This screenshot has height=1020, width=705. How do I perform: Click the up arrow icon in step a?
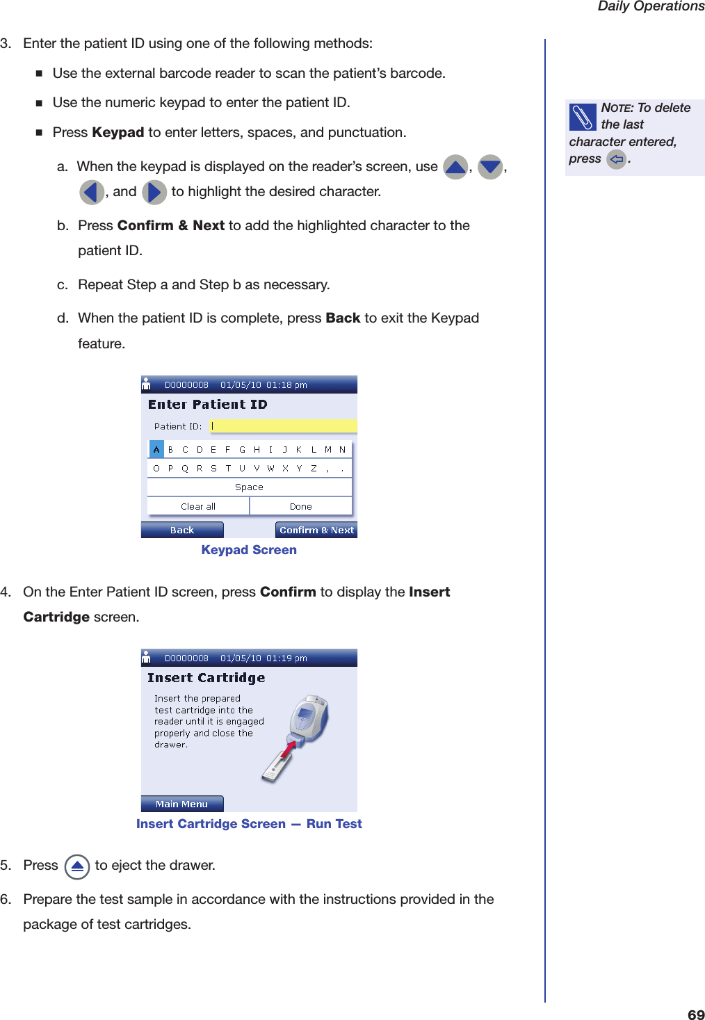[x=455, y=167]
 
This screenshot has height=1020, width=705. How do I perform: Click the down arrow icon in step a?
[x=490, y=167]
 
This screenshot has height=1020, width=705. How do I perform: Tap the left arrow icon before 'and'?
[x=92, y=192]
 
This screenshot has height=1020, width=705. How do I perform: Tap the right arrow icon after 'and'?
[x=154, y=192]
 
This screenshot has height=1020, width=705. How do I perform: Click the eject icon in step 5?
[x=77, y=866]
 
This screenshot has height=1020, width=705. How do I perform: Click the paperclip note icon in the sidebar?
[x=583, y=117]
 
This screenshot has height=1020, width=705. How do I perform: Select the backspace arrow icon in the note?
[x=616, y=159]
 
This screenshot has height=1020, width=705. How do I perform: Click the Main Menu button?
[x=182, y=804]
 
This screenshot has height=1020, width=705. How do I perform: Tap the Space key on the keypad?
[x=249, y=487]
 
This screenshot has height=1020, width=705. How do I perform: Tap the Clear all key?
[x=198, y=506]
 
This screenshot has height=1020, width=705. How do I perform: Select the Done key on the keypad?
[x=300, y=506]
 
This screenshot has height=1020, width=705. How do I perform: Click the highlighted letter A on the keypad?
[x=156, y=449]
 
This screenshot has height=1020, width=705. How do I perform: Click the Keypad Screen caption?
[x=249, y=550]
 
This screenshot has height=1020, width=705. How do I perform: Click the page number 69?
[x=695, y=1014]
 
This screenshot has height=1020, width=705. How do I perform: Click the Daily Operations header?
[x=651, y=7]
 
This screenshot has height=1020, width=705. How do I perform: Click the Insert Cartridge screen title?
[x=206, y=678]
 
